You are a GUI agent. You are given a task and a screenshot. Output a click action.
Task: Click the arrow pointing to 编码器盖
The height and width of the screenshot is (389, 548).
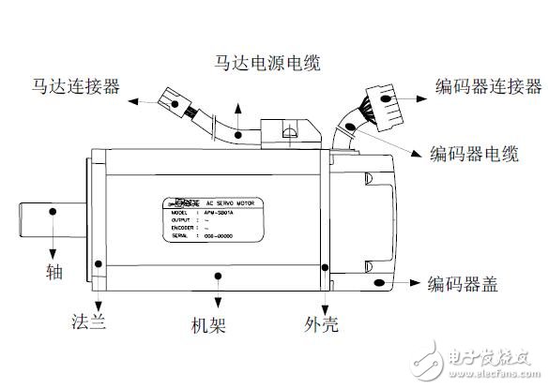point(399,281)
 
